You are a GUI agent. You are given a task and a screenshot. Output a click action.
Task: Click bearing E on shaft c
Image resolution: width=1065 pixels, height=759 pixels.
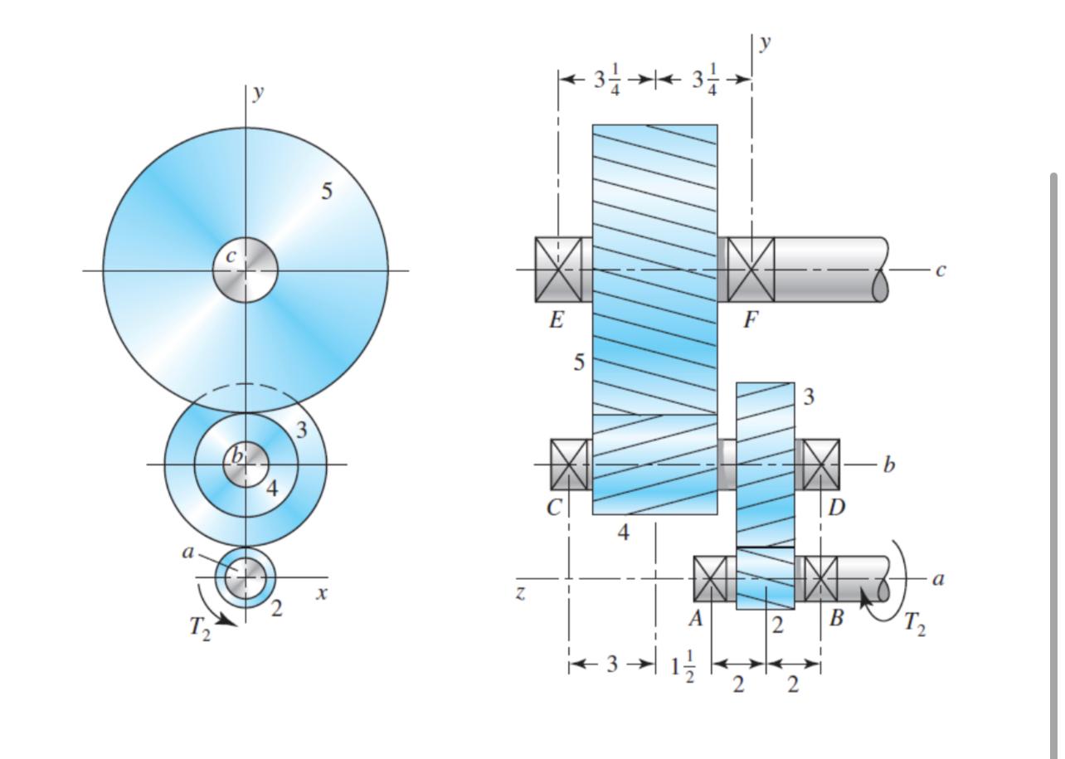pyautogui.click(x=558, y=269)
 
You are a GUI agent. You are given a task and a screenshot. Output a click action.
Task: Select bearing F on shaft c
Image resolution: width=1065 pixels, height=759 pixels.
pyautogui.click(x=751, y=269)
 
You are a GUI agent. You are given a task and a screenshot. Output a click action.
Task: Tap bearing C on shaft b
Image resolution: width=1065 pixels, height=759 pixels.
pyautogui.click(x=569, y=465)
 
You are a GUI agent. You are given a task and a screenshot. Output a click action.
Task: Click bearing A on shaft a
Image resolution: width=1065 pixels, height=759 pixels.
pyautogui.click(x=711, y=578)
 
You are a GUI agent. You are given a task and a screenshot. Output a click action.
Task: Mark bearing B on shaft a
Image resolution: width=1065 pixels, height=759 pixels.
pyautogui.click(x=820, y=578)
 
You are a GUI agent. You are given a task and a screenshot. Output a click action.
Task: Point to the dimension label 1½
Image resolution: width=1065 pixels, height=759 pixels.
pyautogui.click(x=683, y=665)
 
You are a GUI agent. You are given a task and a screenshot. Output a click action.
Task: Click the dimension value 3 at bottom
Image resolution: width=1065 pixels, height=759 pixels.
pyautogui.click(x=611, y=664)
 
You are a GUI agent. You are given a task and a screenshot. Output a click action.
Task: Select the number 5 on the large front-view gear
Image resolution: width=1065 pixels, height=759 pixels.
pyautogui.click(x=327, y=192)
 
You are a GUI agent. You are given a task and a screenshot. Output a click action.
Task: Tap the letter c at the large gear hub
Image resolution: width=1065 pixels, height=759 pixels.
pyautogui.click(x=231, y=257)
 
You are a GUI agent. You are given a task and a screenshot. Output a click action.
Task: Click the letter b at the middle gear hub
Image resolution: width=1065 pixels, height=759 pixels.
pyautogui.click(x=237, y=455)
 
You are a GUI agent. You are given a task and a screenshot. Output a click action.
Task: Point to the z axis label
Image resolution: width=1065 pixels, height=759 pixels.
pyautogui.click(x=520, y=594)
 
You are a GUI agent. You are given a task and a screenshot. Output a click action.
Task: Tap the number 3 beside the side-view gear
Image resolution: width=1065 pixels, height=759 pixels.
pyautogui.click(x=809, y=397)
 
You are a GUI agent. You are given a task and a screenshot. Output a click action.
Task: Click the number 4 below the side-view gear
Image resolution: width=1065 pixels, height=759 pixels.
pyautogui.click(x=624, y=533)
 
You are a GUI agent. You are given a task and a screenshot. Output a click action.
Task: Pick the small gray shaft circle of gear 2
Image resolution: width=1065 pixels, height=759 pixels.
pyautogui.click(x=246, y=577)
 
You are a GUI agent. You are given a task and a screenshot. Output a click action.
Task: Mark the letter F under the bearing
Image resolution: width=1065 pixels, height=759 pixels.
pyautogui.click(x=750, y=321)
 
